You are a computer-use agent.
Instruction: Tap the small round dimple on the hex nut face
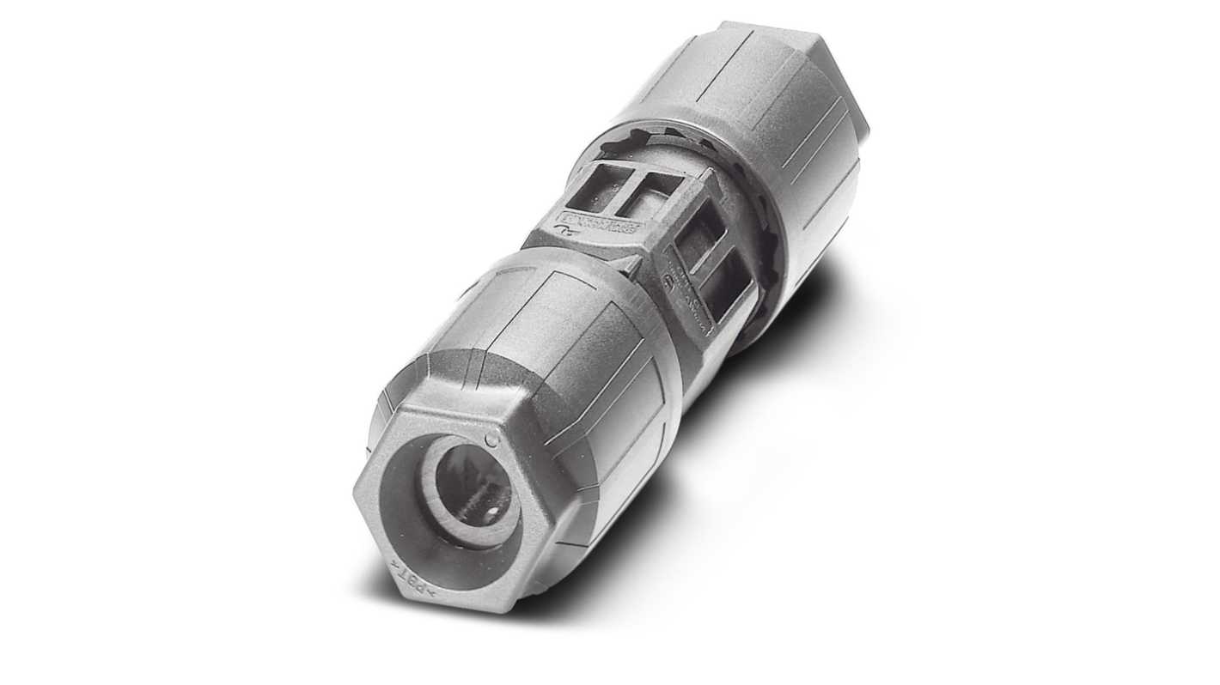(491, 440)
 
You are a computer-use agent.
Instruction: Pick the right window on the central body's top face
(652, 197)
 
